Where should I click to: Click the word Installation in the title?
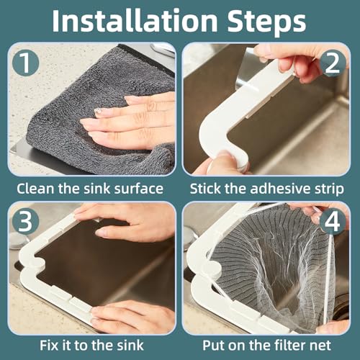tap(135, 20)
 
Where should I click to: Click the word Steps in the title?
tap(266, 22)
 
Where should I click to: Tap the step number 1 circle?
tap(25, 63)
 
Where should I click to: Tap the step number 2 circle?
tap(333, 63)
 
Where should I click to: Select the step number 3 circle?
tap(25, 221)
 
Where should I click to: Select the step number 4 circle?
tap(333, 221)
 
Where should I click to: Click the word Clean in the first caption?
tap(36, 189)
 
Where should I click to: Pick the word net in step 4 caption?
tap(321, 346)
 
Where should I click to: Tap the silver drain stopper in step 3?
tap(20, 239)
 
